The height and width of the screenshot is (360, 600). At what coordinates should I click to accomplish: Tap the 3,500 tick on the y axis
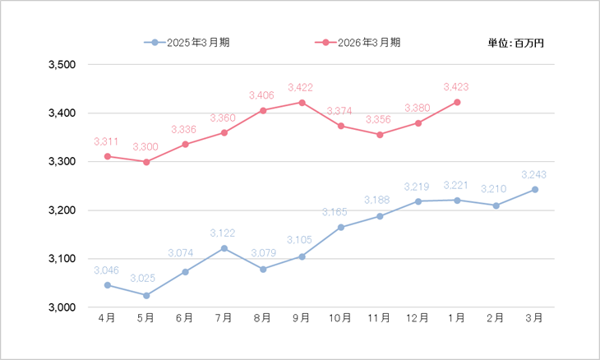[x=62, y=65]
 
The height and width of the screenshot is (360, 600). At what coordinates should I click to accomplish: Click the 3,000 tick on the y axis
[x=62, y=307]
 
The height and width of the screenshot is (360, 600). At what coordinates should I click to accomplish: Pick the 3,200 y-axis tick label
[x=62, y=210]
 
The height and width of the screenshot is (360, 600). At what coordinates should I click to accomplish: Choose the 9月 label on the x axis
[x=302, y=317]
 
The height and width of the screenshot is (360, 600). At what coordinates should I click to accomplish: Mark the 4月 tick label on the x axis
[x=107, y=317]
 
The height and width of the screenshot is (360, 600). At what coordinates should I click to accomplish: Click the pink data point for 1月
[x=457, y=102]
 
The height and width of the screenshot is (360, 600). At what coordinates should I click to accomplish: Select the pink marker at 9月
[x=302, y=103]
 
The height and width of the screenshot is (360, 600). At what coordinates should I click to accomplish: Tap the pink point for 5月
[x=146, y=162]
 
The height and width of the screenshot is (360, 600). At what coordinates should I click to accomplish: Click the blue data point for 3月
[x=535, y=189]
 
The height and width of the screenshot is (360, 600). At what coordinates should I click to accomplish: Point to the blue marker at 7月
[x=224, y=248]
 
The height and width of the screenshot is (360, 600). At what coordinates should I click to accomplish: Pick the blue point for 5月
[x=146, y=295]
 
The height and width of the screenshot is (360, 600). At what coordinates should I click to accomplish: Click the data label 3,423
[x=457, y=86]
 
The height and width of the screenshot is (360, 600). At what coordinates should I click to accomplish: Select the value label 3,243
[x=535, y=174]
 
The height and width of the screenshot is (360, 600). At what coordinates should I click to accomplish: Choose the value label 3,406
[x=263, y=95]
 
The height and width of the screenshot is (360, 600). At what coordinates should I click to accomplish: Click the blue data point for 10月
[x=340, y=227]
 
